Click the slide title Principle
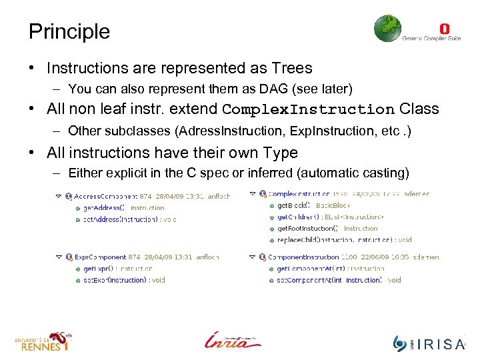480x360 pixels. (x=69, y=31)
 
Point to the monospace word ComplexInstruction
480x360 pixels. (x=308, y=109)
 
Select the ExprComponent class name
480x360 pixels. (x=99, y=257)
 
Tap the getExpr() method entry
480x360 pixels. (x=99, y=269)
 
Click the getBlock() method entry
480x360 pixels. (x=294, y=205)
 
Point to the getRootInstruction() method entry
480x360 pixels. (x=308, y=228)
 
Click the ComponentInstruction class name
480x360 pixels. (x=303, y=257)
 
